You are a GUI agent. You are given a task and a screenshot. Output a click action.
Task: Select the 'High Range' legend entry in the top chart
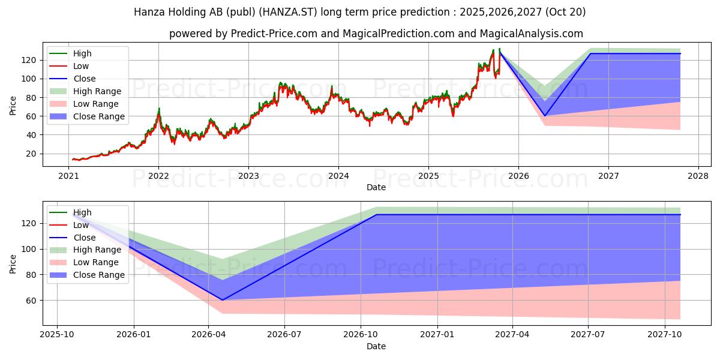[97, 91]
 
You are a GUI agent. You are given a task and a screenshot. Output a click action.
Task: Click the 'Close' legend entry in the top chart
[85, 79]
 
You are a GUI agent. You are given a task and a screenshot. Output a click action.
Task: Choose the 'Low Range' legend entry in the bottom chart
[96, 262]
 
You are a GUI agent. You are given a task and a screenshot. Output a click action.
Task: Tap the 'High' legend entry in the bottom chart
[83, 212]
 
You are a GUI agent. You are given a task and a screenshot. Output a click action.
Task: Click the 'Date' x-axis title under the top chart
[376, 187]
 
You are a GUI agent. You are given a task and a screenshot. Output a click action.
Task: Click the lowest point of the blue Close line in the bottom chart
[222, 300]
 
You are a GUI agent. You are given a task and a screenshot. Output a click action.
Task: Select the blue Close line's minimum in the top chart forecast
[545, 116]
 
